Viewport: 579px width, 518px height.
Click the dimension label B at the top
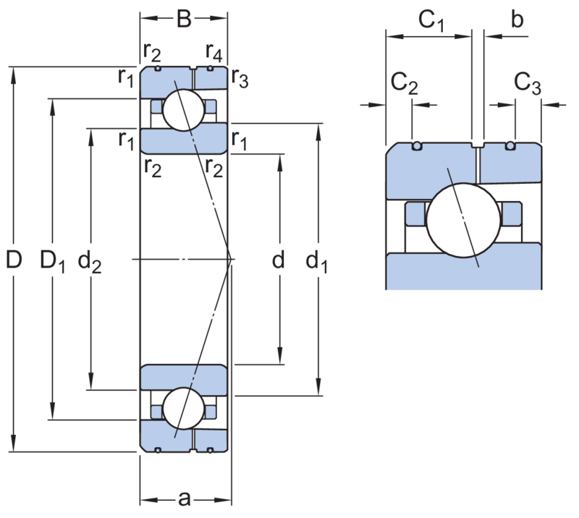(184, 19)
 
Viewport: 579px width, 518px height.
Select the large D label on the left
(14, 259)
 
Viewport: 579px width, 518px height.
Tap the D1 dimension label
(52, 260)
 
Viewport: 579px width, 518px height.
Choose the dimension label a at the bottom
(185, 498)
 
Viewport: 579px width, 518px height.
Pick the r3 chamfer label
(240, 79)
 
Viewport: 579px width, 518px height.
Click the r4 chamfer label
(214, 53)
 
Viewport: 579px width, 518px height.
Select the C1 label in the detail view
(431, 21)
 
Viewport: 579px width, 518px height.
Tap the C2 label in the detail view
(404, 83)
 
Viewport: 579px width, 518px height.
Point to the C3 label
(528, 83)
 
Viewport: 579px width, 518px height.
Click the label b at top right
(517, 19)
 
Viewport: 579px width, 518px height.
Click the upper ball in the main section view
(184, 110)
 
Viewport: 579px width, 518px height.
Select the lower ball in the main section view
(184, 408)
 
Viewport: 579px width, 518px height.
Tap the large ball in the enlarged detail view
(463, 221)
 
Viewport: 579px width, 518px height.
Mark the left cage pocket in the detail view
(416, 213)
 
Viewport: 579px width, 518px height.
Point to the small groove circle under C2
(417, 146)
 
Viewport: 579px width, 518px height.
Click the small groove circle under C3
(510, 146)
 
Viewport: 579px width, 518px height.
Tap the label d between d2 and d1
(279, 259)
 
